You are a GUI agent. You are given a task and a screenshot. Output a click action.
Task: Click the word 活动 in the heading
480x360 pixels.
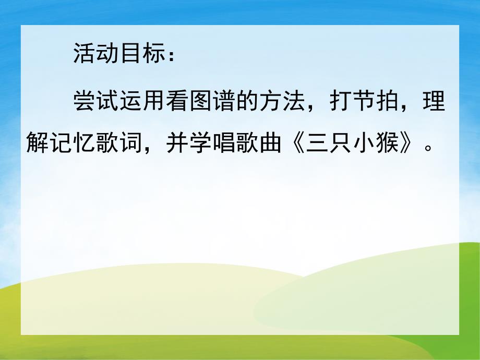[97, 54]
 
